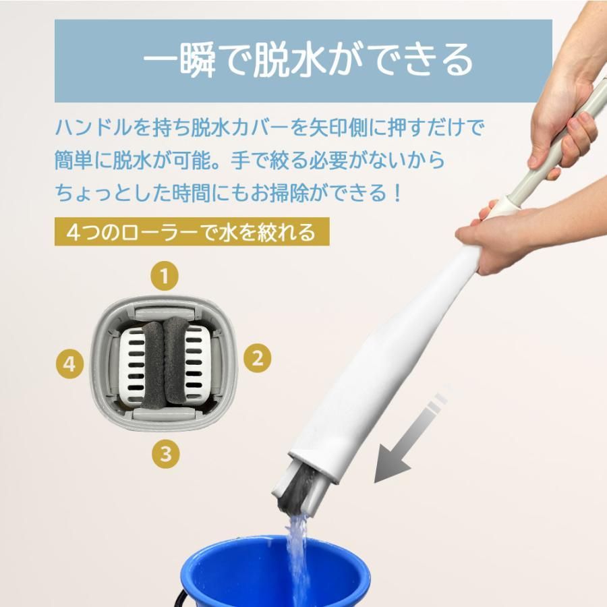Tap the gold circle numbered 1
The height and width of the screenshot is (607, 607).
(x=165, y=275)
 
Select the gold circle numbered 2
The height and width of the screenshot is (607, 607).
(x=257, y=357)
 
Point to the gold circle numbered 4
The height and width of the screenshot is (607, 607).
(x=69, y=365)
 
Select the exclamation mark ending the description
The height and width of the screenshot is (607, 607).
(x=397, y=194)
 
